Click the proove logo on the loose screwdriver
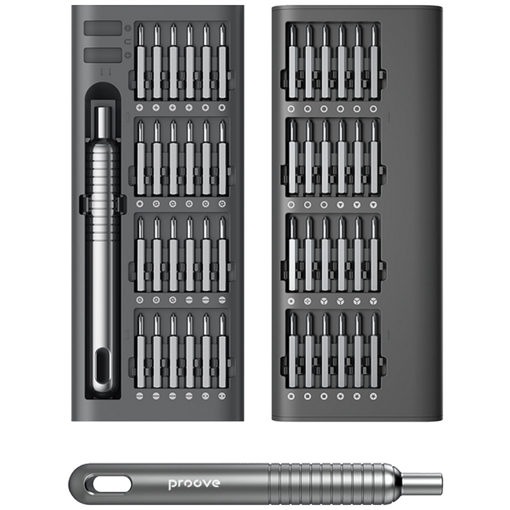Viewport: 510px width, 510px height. coord(194,483)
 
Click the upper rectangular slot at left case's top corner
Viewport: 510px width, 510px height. coord(102,29)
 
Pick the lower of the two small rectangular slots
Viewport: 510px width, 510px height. coord(102,55)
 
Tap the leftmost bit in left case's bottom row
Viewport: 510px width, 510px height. coord(140,351)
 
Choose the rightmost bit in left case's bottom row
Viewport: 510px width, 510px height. coord(222,351)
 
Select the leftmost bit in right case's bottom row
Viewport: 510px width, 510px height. coord(292,351)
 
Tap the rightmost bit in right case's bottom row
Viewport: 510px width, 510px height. coord(374,351)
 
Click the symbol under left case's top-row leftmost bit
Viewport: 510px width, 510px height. coord(140,108)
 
